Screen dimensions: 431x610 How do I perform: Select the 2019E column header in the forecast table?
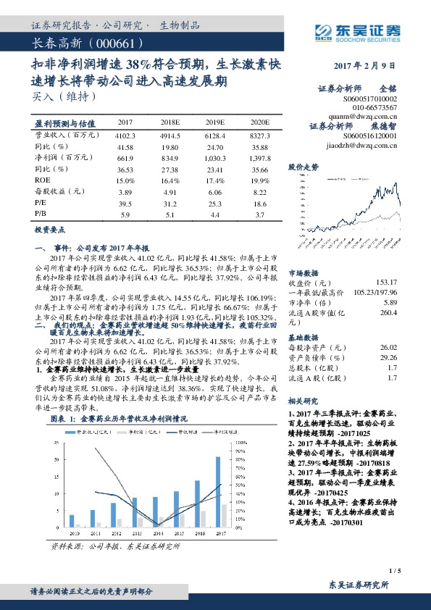pyautogui.click(x=214, y=122)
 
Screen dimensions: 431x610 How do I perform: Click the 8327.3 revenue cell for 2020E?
pyautogui.click(x=258, y=135)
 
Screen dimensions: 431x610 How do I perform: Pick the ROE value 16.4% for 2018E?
pyautogui.click(x=170, y=179)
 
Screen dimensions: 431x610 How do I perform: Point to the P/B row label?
pyautogui.click(x=41, y=214)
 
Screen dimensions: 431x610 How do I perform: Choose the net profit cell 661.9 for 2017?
pyautogui.click(x=125, y=157)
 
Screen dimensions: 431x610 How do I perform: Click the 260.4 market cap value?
pyautogui.click(x=389, y=313)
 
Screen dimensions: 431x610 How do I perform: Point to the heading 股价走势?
pyautogui.click(x=304, y=166)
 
